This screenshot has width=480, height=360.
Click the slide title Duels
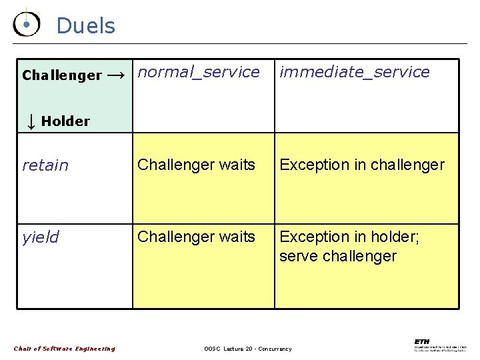[85, 26]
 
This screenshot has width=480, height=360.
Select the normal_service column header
[199, 72]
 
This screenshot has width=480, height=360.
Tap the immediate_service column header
[354, 72]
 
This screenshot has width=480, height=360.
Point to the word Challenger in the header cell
[61, 75]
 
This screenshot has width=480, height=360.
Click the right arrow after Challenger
[116, 75]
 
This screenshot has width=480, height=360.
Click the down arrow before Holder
[31, 121]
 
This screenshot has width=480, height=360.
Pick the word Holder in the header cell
[65, 121]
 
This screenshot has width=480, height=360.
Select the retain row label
[45, 165]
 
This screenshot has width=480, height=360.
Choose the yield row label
[41, 237]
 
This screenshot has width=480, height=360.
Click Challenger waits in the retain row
[196, 165]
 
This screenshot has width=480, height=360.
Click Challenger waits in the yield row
[196, 237]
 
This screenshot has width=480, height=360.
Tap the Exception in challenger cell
[361, 165]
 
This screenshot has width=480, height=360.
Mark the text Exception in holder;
[349, 237]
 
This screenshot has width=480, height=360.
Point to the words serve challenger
[338, 256]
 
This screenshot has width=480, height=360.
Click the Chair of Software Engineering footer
[65, 348]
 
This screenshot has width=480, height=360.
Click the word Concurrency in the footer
[275, 349]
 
